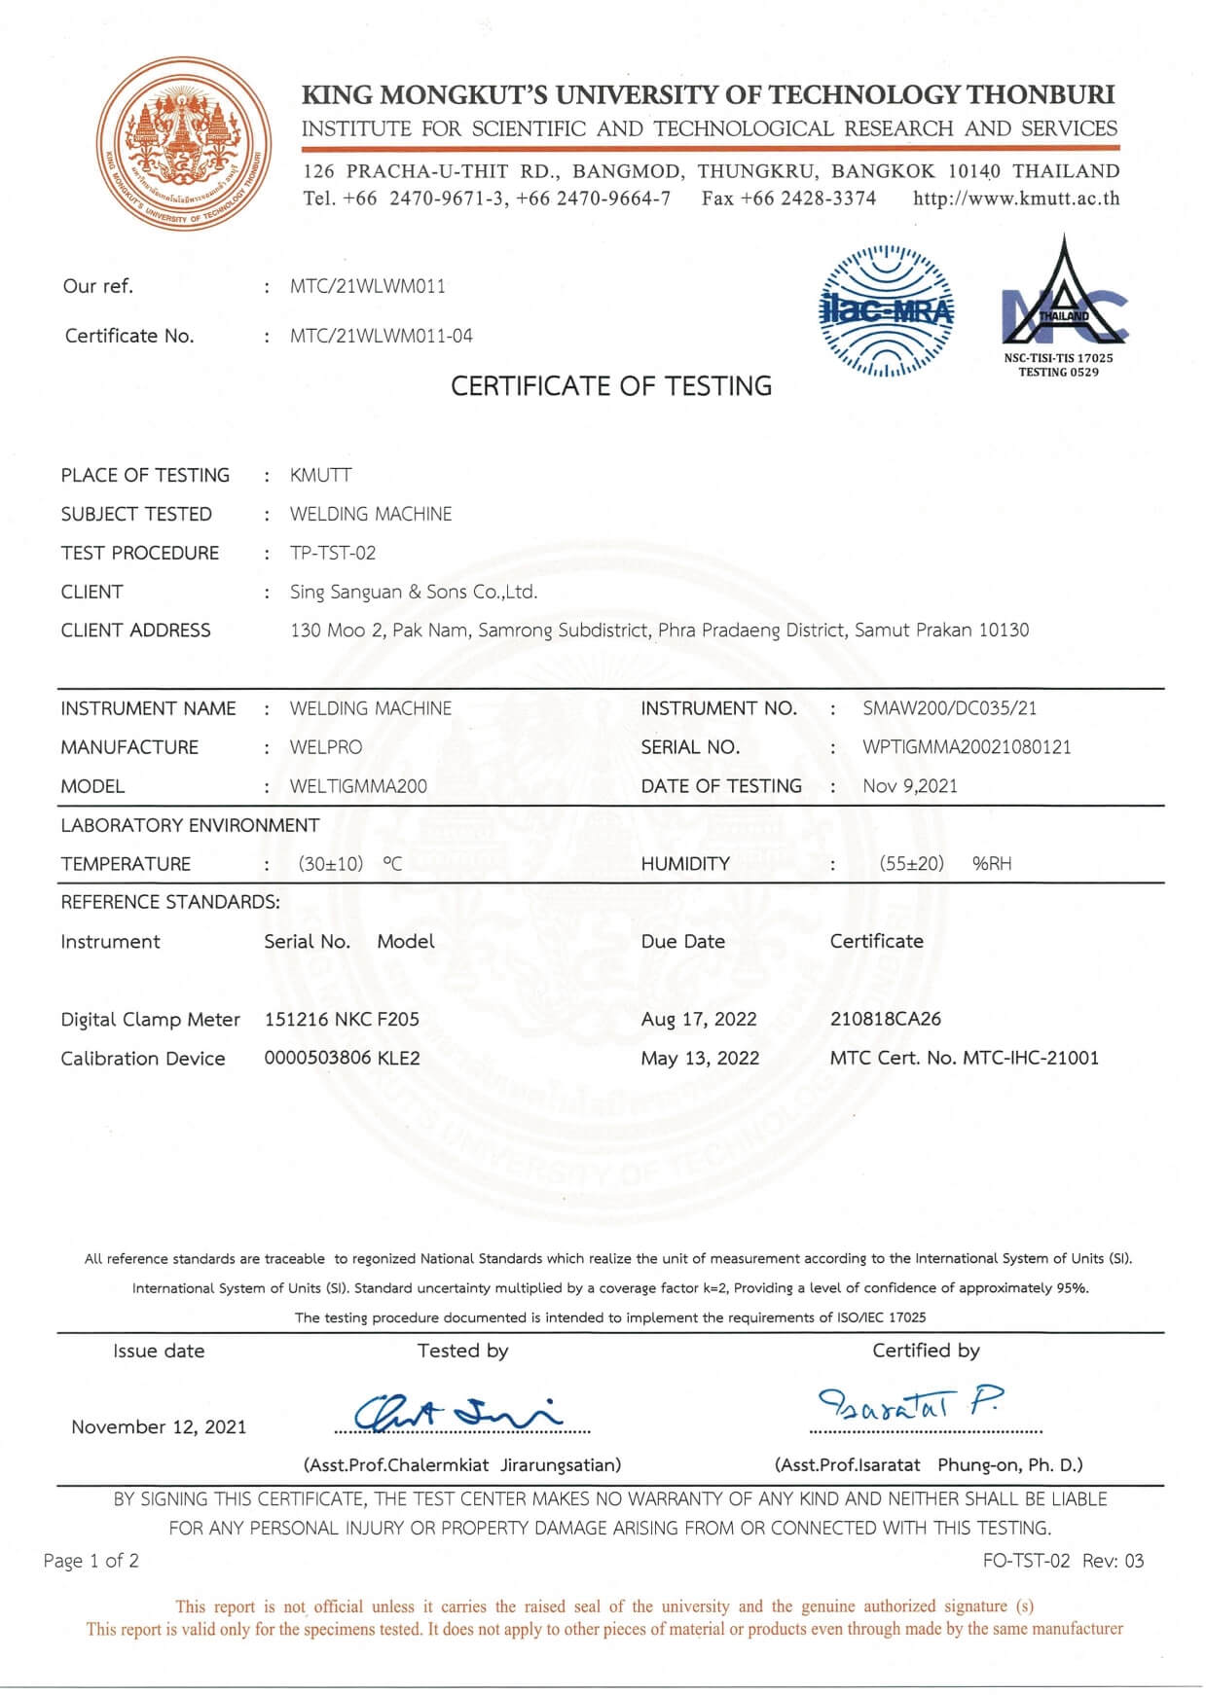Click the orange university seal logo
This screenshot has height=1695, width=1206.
coord(184,144)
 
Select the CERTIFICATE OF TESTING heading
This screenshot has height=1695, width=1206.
coord(610,386)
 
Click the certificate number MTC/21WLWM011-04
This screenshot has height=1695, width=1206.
coord(381,336)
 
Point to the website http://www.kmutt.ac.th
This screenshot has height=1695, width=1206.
coord(1016,198)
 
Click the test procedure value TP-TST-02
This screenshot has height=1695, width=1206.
coord(332,553)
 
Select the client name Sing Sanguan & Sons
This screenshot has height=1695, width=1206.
coord(413,592)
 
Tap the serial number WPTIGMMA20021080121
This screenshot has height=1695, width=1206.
coord(966,747)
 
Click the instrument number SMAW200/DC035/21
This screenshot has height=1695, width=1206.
coord(949,708)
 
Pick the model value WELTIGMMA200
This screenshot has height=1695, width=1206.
coord(357,786)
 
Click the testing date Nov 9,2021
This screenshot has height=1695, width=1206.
coord(909,786)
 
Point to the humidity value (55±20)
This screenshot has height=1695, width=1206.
coord(911,863)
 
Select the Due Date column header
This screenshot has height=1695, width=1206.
coord(682,941)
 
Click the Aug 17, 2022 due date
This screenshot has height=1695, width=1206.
coord(698,1019)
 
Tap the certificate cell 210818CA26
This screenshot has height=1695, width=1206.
coord(885,1019)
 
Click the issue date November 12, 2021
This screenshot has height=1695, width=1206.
coord(159,1426)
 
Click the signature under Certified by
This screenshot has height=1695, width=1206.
coord(910,1404)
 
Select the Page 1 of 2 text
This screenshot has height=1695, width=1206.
coord(91,1561)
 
